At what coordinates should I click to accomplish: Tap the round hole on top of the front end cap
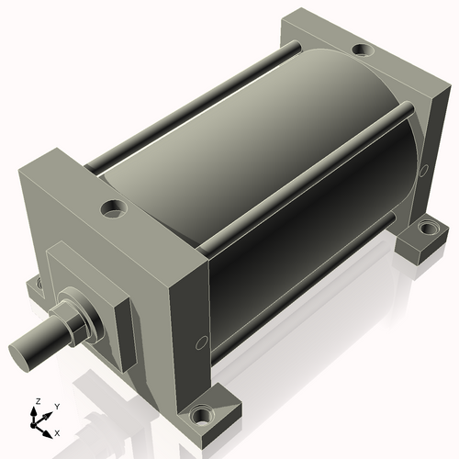(x=116, y=208)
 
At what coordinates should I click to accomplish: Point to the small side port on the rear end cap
(x=423, y=170)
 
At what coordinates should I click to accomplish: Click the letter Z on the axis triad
(x=37, y=401)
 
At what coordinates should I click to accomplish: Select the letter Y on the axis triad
(x=56, y=405)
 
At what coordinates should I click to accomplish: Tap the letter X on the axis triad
(x=57, y=431)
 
